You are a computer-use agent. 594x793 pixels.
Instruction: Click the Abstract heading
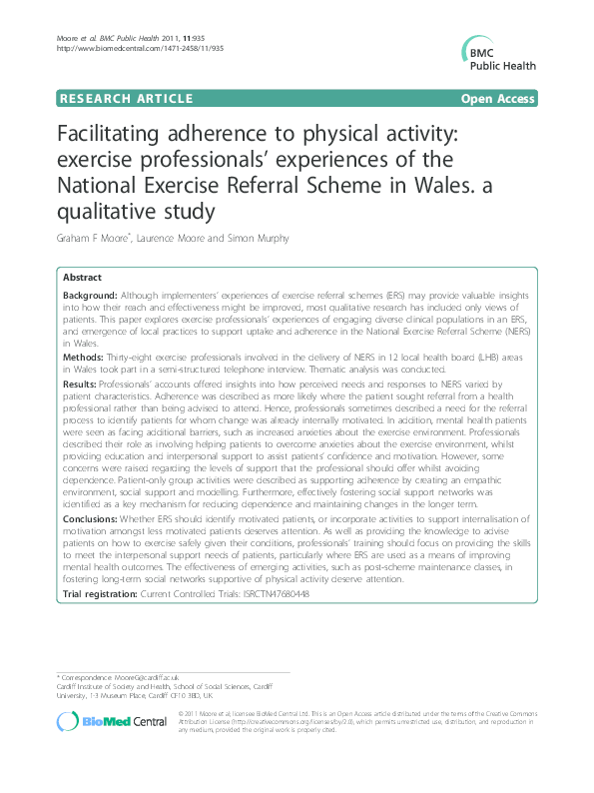click(81, 278)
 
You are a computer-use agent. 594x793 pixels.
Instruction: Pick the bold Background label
click(91, 296)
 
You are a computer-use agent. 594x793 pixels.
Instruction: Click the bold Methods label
click(84, 357)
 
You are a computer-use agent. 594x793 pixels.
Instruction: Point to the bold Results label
click(82, 385)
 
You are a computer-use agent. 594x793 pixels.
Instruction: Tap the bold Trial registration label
click(104, 594)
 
